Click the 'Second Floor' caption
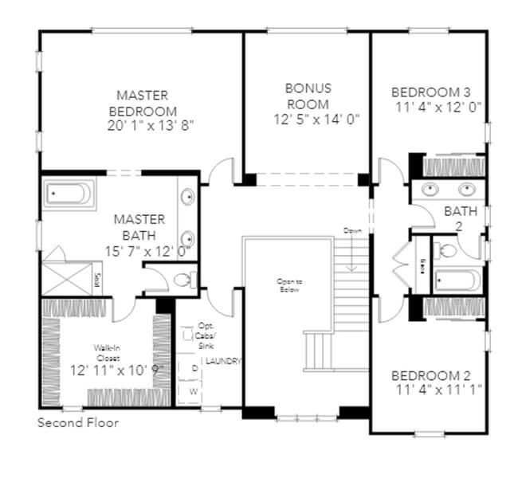tap(78, 422)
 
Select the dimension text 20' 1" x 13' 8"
tap(151, 125)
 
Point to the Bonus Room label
tap(308, 96)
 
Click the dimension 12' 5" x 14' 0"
tap(316, 119)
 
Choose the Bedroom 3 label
tap(438, 92)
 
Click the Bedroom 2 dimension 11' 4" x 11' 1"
tap(438, 390)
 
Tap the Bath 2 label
tap(461, 218)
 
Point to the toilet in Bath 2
tap(449, 250)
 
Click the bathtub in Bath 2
tap(457, 280)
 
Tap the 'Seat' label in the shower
tap(97, 280)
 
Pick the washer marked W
tap(194, 390)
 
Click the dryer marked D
tap(194, 367)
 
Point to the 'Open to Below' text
tap(288, 285)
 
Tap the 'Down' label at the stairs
tap(352, 230)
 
